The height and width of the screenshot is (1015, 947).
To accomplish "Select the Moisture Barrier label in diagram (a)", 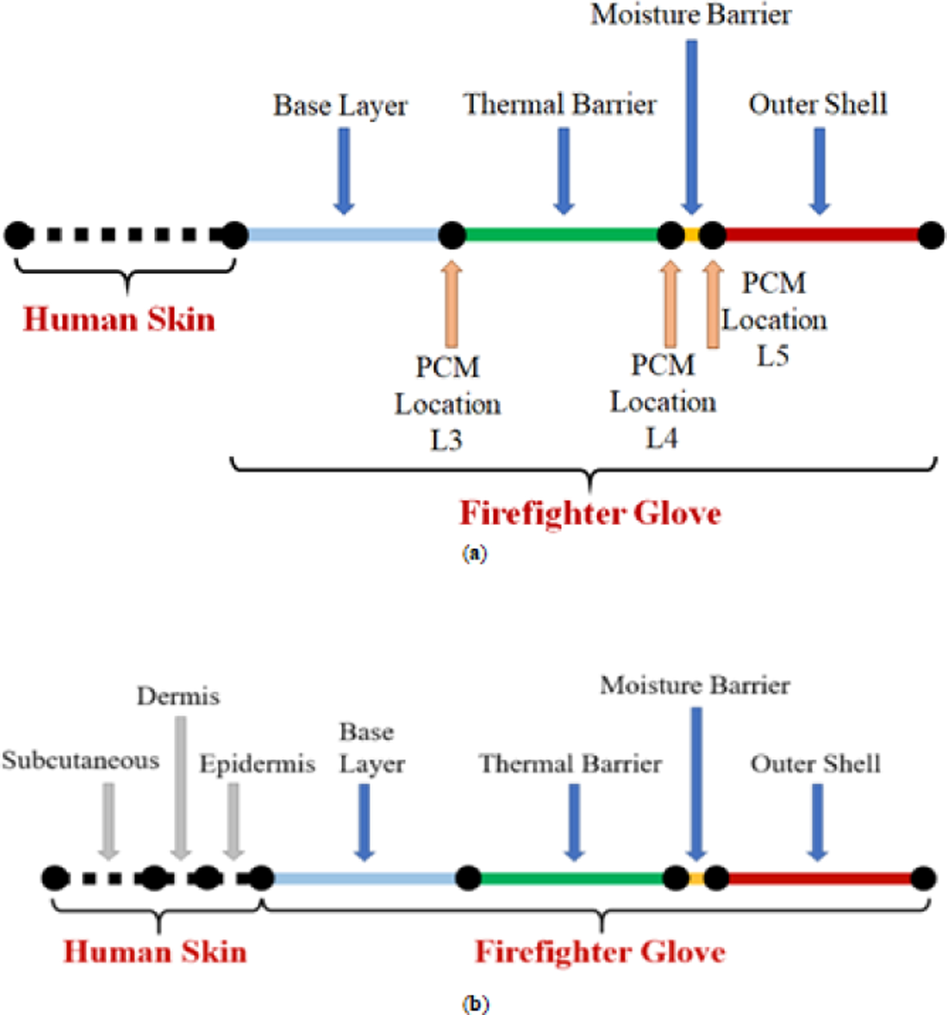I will click(690, 15).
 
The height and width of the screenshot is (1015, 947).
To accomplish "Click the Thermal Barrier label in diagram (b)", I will click(570, 764).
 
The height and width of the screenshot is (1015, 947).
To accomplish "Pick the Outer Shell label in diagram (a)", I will click(818, 105).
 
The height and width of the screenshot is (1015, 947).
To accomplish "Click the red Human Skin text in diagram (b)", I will click(155, 952).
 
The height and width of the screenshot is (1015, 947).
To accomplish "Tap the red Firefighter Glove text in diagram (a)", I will click(590, 513).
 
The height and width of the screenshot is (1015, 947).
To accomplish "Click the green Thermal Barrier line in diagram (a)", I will click(561, 235).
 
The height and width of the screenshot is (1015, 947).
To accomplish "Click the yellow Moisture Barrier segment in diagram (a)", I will click(692, 235).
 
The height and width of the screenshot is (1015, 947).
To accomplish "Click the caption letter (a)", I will click(474, 553).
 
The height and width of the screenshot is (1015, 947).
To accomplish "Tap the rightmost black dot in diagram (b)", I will click(923, 878).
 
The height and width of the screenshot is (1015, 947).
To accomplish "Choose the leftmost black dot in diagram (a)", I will click(19, 235).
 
